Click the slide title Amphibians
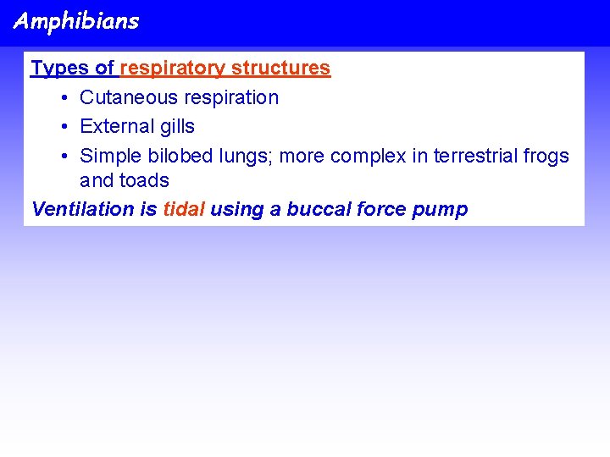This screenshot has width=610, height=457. point(76,21)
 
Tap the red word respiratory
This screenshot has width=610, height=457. point(173,68)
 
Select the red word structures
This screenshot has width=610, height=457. point(280,68)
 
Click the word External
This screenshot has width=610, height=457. point(114,126)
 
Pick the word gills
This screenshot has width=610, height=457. point(174,126)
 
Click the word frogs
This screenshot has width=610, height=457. point(547,156)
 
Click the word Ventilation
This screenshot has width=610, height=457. point(76,209)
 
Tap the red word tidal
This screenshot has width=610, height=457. point(184,209)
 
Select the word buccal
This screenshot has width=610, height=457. point(315,209)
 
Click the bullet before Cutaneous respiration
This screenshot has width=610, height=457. point(65,97)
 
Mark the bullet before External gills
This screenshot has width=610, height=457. point(65,126)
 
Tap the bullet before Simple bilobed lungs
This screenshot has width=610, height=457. point(65,156)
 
